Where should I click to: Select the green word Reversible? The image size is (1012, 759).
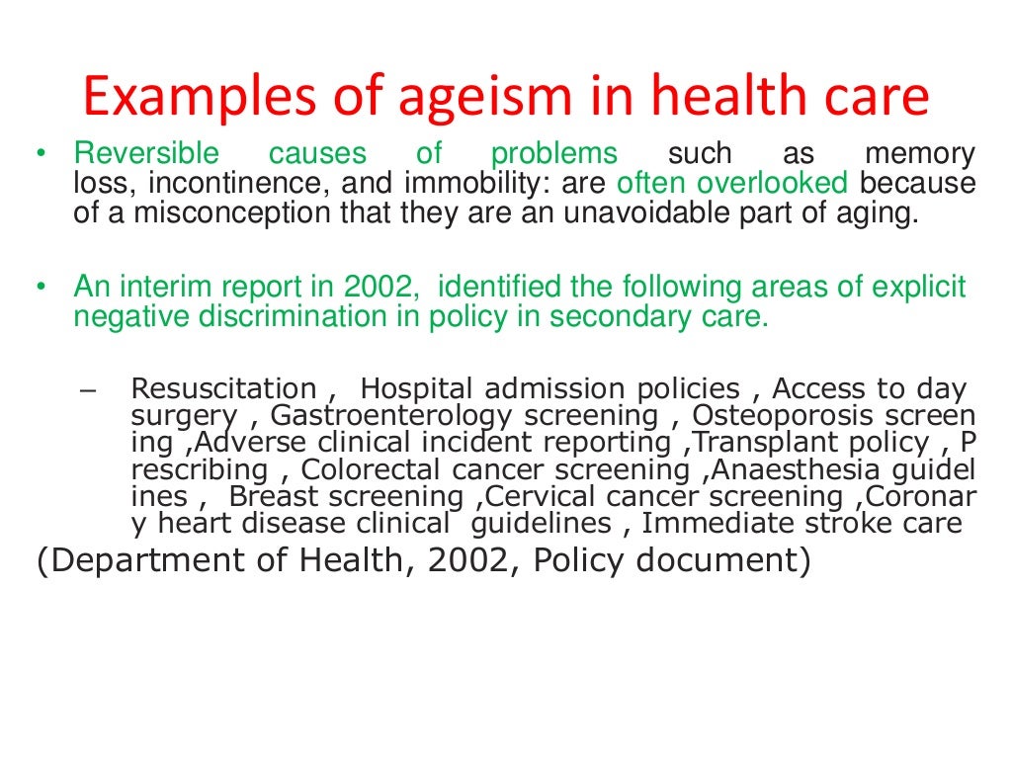[x=146, y=155]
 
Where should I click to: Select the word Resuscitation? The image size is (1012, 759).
[x=224, y=389]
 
